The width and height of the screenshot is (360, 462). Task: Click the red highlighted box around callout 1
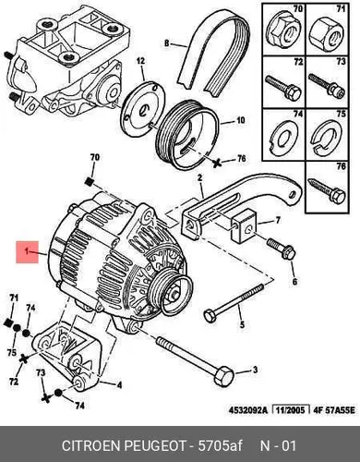click(x=28, y=252)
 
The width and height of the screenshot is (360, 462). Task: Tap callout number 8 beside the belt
click(x=167, y=43)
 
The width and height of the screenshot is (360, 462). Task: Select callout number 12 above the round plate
click(x=140, y=61)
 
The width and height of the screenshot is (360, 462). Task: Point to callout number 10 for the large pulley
click(x=241, y=119)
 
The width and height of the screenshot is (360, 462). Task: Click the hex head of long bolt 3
click(x=224, y=376)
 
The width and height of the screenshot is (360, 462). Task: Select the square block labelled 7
click(x=244, y=225)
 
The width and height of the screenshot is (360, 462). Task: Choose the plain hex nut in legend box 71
click(x=326, y=33)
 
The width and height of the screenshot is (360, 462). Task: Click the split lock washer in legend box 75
click(x=326, y=137)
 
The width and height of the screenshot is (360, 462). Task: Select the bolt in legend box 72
click(x=282, y=87)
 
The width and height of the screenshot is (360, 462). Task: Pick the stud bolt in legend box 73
click(x=327, y=85)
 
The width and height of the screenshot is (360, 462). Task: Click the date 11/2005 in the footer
click(x=291, y=410)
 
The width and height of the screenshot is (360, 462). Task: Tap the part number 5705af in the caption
click(x=220, y=446)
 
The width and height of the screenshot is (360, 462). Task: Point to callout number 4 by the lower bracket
click(x=120, y=384)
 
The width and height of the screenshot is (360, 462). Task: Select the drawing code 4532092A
click(x=248, y=410)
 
